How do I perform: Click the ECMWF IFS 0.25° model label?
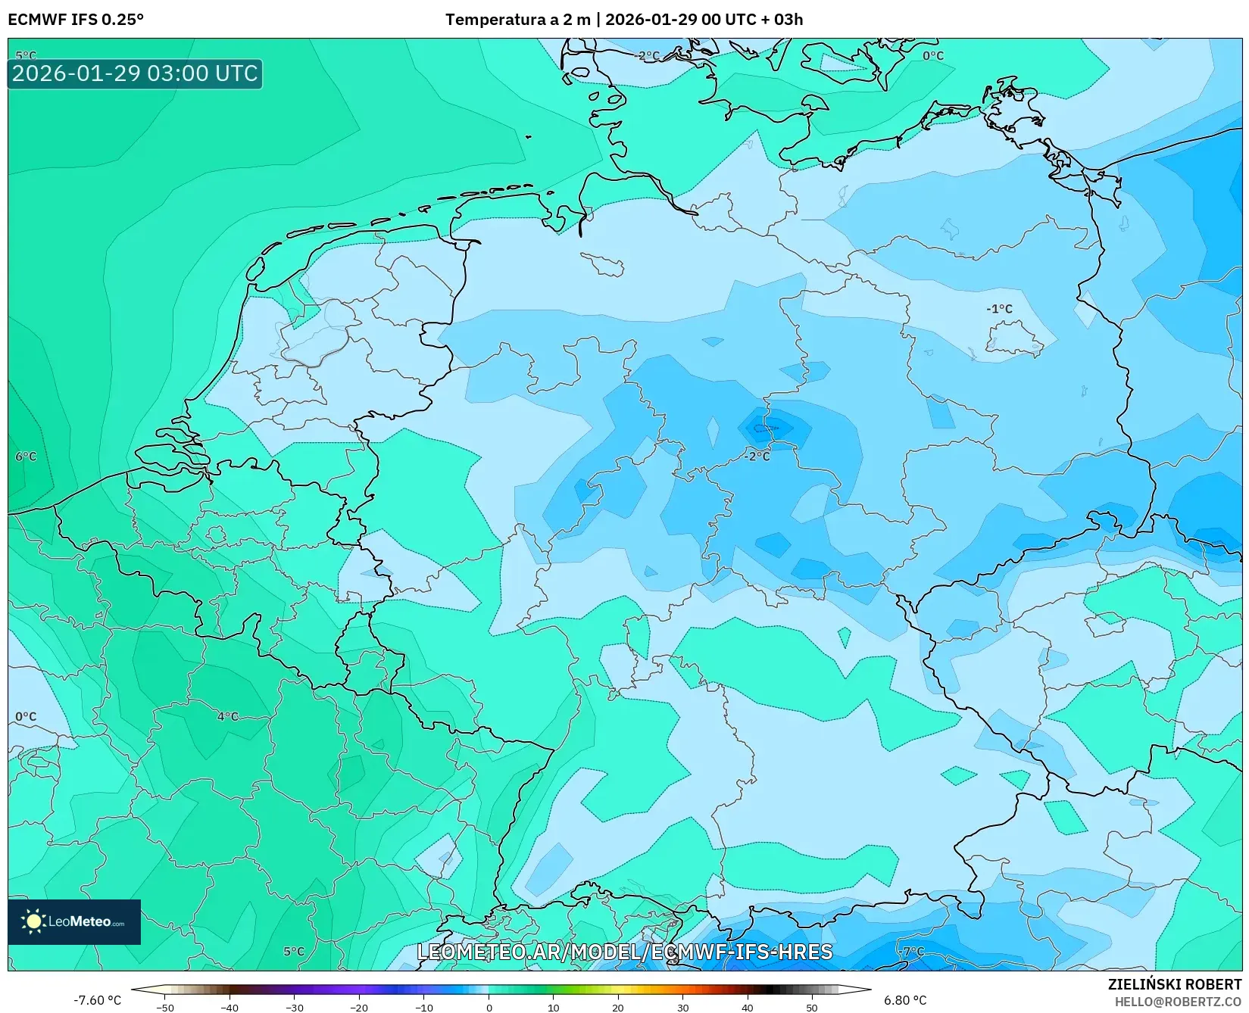click(76, 20)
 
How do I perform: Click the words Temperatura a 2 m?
click(517, 20)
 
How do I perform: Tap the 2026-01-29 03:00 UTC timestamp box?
click(135, 74)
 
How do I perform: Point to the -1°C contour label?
click(999, 309)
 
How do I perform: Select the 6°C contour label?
click(26, 457)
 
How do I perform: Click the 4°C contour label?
click(228, 716)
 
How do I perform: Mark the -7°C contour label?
click(913, 951)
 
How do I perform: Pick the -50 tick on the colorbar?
click(165, 1008)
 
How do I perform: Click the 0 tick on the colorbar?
click(489, 1008)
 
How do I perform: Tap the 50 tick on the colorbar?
click(812, 1008)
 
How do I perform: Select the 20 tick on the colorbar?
click(618, 1008)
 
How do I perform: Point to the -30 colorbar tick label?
click(295, 1008)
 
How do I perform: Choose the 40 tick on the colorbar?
click(748, 1008)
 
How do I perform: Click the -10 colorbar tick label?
click(424, 1008)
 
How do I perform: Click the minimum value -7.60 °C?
click(97, 1000)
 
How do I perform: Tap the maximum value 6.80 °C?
click(905, 1000)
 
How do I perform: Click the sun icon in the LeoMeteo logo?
click(33, 921)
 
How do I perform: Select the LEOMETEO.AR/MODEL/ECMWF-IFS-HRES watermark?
click(625, 952)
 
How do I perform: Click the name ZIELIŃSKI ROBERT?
click(1175, 984)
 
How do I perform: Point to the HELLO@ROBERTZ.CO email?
click(1178, 1002)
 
